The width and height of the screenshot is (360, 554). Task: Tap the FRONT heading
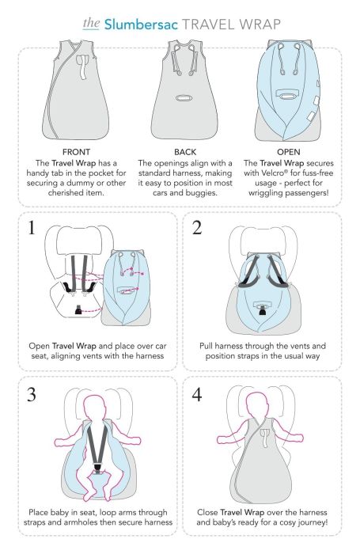(x=76, y=152)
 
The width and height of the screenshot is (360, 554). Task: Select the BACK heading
(x=185, y=152)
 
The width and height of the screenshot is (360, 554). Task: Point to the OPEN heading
(x=288, y=152)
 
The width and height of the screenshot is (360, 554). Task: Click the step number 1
(x=32, y=228)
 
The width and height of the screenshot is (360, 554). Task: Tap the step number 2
(x=197, y=228)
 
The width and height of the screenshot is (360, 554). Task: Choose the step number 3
(x=32, y=395)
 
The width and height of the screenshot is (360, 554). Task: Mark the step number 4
(x=197, y=395)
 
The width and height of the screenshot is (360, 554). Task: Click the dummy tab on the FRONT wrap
(x=83, y=66)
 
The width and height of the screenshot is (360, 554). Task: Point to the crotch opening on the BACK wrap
(x=183, y=97)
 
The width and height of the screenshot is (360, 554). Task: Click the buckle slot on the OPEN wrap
(x=287, y=94)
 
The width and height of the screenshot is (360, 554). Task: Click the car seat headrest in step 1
(x=79, y=241)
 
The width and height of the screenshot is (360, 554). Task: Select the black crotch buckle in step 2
(x=262, y=311)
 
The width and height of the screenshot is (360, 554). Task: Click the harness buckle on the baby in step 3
(x=97, y=469)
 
